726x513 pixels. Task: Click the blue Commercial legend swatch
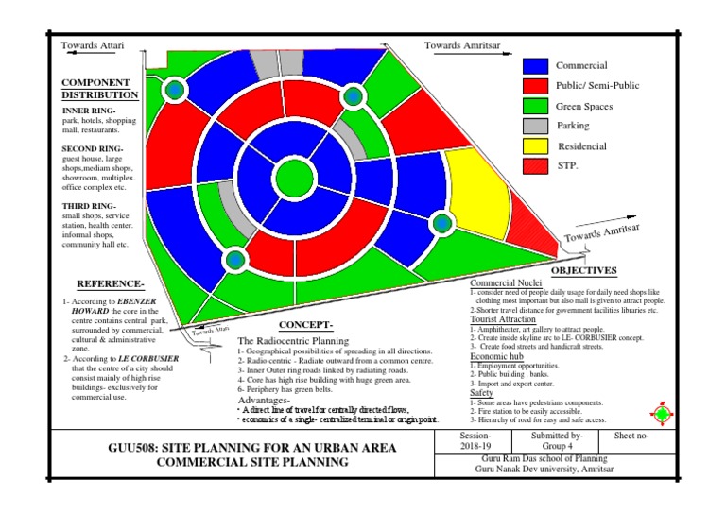[536, 66]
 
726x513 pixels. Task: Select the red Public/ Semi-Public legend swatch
[536, 86]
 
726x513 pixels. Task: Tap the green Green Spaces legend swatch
[536, 106]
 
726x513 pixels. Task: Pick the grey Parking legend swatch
[536, 126]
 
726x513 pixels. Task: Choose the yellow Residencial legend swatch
[536, 146]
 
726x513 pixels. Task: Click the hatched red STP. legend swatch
[536, 166]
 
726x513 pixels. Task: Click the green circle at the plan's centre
[292, 177]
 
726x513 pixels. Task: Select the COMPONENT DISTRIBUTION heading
[100, 89]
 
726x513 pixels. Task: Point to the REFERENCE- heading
[110, 283]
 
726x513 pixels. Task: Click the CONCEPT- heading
[305, 324]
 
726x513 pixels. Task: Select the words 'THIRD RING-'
[89, 205]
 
